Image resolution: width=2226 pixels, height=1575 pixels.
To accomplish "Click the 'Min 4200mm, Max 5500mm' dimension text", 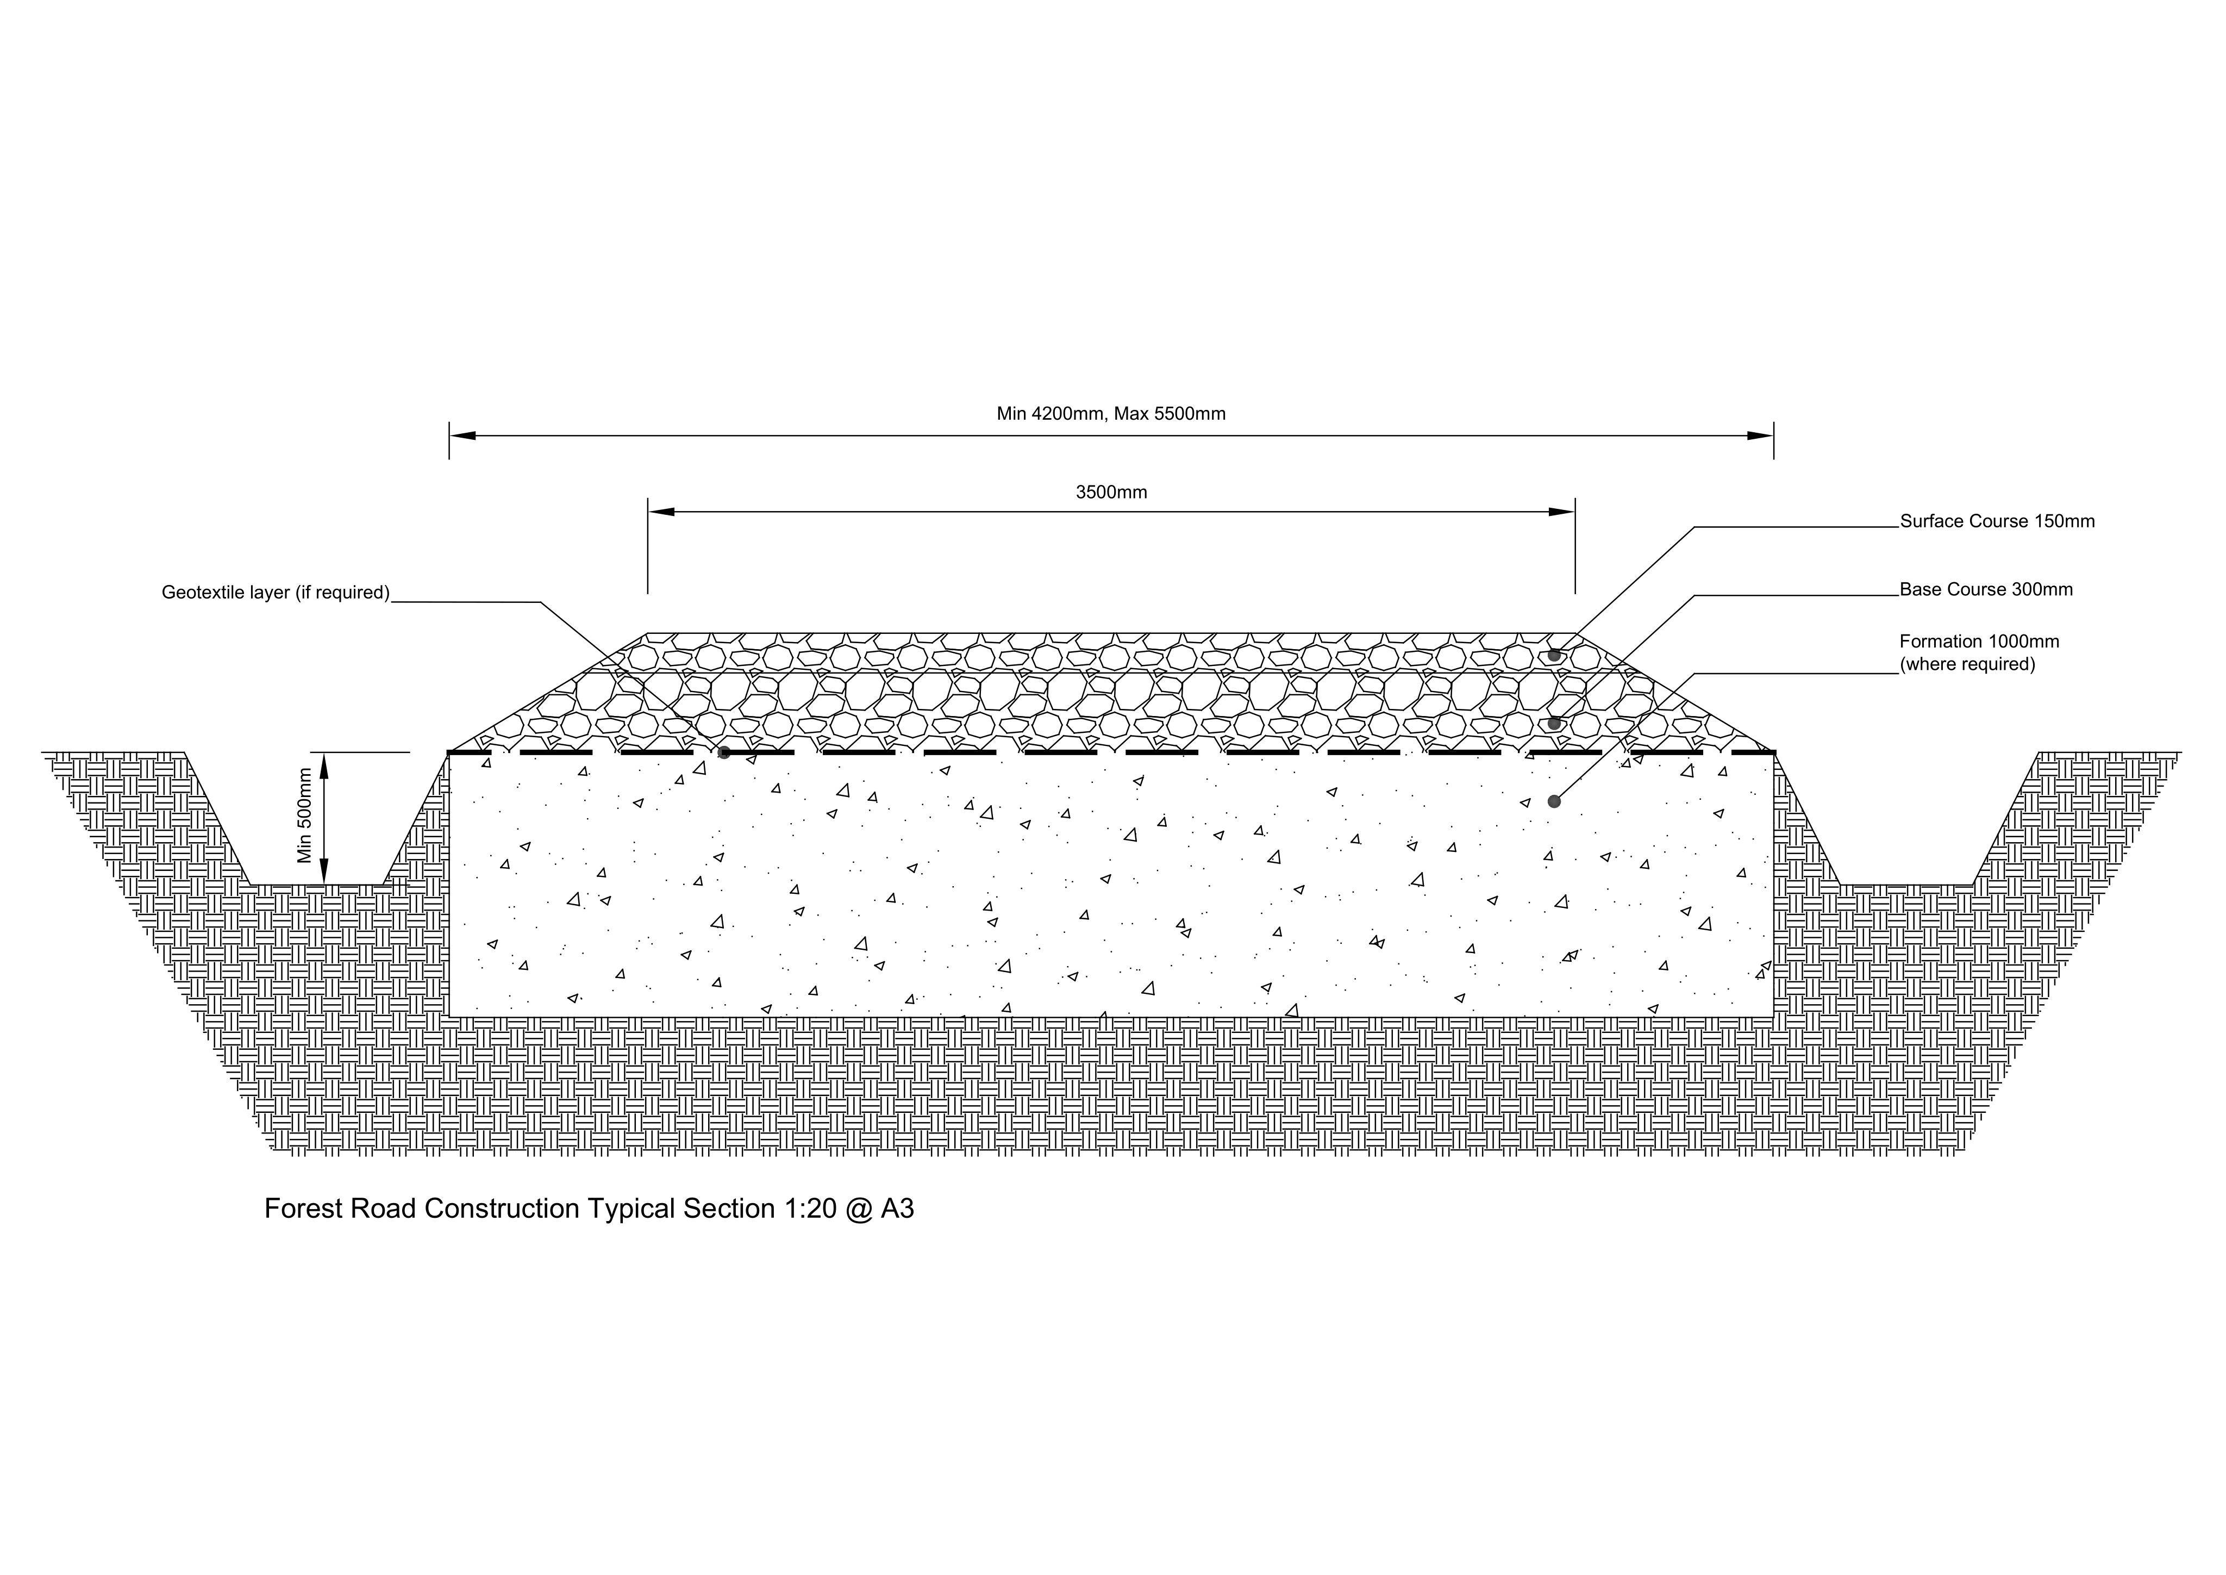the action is point(1111,414).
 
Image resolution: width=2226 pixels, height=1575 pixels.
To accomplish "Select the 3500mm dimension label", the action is point(1111,493).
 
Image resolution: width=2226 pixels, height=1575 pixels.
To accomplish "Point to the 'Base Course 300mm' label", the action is point(1986,590).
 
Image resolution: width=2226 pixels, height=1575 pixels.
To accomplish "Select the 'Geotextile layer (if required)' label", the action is point(276,593).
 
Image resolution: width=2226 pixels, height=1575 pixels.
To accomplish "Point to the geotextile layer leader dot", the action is point(724,752).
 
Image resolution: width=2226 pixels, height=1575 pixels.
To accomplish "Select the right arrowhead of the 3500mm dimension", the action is point(1562,512).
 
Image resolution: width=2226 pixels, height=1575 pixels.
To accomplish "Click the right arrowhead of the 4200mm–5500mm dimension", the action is point(1761,435).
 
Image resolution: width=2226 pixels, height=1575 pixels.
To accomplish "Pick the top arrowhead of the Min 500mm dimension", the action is point(325,765).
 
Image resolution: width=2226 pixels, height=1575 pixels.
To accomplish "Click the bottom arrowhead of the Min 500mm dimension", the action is point(325,872).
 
